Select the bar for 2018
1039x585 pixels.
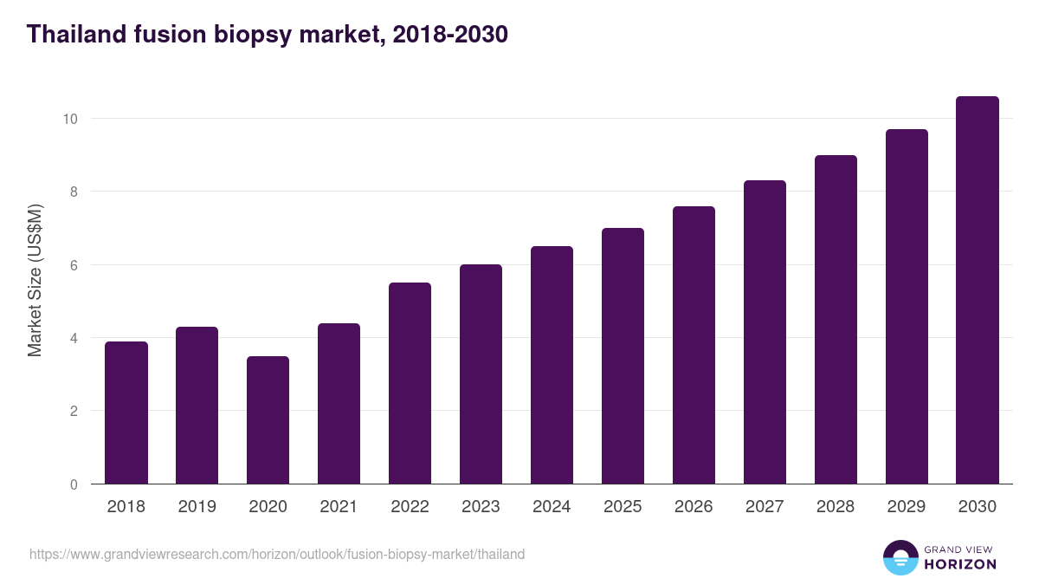click(x=126, y=413)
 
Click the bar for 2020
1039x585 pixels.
click(x=268, y=420)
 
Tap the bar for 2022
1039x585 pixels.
click(x=410, y=383)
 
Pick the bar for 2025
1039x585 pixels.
click(x=623, y=356)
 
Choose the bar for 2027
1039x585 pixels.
click(x=765, y=332)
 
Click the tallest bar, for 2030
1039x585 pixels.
click(x=978, y=290)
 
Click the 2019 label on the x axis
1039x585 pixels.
click(x=197, y=507)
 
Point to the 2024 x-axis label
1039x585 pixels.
click(x=552, y=507)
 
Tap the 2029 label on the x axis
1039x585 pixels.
click(x=907, y=507)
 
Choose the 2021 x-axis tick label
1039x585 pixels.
click(x=339, y=507)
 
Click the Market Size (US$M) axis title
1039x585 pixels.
click(x=35, y=280)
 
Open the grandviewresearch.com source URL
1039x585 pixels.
click(x=277, y=554)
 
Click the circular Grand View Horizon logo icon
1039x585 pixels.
click(x=900, y=557)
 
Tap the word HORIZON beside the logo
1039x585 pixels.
click(x=960, y=564)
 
